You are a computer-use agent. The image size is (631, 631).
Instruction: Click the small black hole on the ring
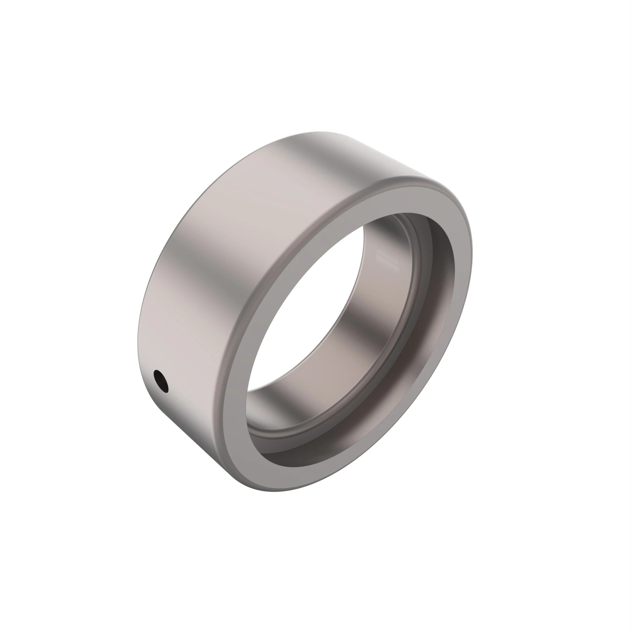pos(161,381)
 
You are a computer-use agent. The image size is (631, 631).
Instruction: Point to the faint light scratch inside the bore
pos(387,260)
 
